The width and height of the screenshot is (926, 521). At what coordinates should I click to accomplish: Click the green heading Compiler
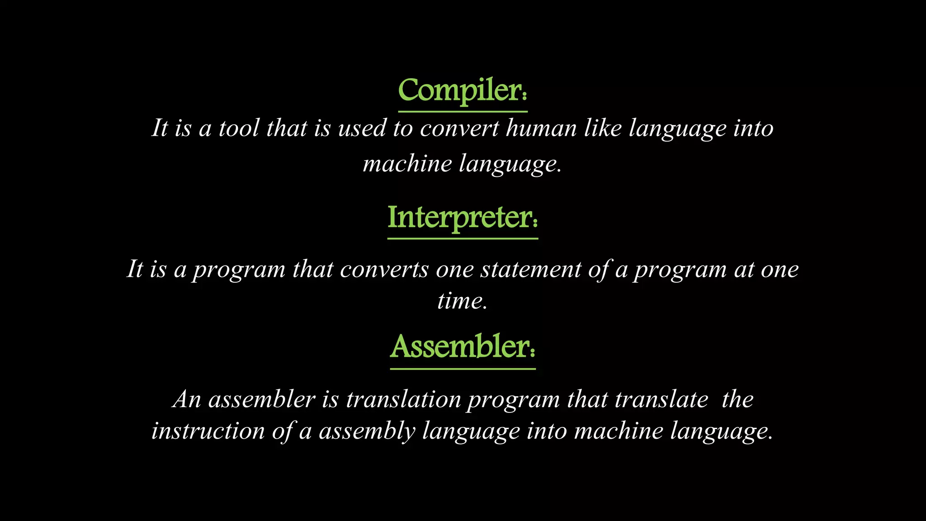462,91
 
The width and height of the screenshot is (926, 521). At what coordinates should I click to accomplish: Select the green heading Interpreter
462,218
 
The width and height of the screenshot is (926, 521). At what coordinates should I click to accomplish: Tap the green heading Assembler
462,347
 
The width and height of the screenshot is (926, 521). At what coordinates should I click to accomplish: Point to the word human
541,128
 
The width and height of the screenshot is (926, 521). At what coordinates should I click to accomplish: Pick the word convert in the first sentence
459,128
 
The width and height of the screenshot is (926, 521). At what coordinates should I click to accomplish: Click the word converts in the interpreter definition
384,270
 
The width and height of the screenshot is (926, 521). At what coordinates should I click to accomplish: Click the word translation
403,400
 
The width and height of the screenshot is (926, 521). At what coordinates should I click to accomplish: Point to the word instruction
208,431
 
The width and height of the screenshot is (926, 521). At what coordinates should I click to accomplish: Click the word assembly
367,431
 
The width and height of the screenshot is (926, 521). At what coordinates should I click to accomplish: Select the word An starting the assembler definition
186,400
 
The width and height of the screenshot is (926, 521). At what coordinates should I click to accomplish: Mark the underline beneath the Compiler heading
463,111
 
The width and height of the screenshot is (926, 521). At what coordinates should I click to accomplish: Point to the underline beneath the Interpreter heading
463,238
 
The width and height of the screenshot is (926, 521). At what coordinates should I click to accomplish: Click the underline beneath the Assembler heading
463,369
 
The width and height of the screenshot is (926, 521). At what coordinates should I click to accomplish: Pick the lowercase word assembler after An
261,400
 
